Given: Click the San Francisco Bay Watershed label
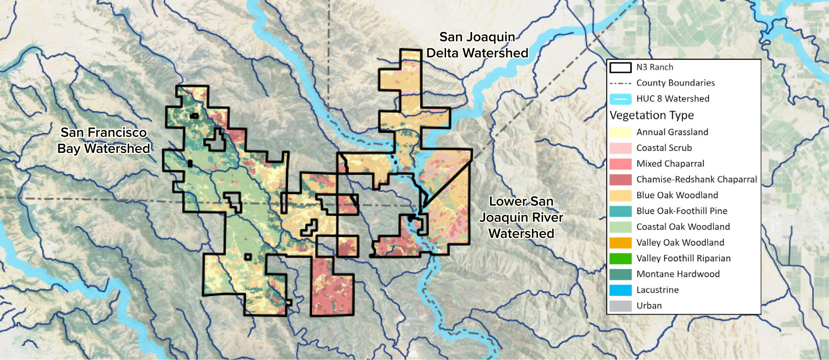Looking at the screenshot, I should click(104, 140).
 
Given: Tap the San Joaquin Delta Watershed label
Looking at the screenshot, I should click(477, 45).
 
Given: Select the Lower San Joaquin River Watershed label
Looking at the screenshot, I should click(521, 217).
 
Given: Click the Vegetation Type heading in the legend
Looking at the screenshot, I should click(652, 115).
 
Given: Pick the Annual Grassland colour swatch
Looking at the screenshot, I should click(620, 132).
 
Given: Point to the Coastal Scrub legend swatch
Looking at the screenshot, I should click(620, 148).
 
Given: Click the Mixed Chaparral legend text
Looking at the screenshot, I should click(670, 164).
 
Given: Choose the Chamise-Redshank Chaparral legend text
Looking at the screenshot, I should click(696, 180).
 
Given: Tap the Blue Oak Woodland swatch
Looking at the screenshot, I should click(620, 195).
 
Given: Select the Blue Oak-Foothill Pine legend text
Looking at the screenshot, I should click(682, 211).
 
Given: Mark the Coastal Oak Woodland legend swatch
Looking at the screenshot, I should click(620, 227).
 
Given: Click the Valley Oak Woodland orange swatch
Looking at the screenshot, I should click(620, 243).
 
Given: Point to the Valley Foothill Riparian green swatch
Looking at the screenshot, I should click(620, 258).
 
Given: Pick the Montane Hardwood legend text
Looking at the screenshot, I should click(678, 274).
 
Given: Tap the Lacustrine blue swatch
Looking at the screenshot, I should click(620, 290).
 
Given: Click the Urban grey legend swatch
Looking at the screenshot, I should click(620, 306).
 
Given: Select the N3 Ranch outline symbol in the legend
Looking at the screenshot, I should click(620, 67).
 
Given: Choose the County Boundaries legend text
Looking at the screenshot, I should click(675, 83).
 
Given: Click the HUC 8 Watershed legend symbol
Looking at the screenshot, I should click(620, 99).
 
